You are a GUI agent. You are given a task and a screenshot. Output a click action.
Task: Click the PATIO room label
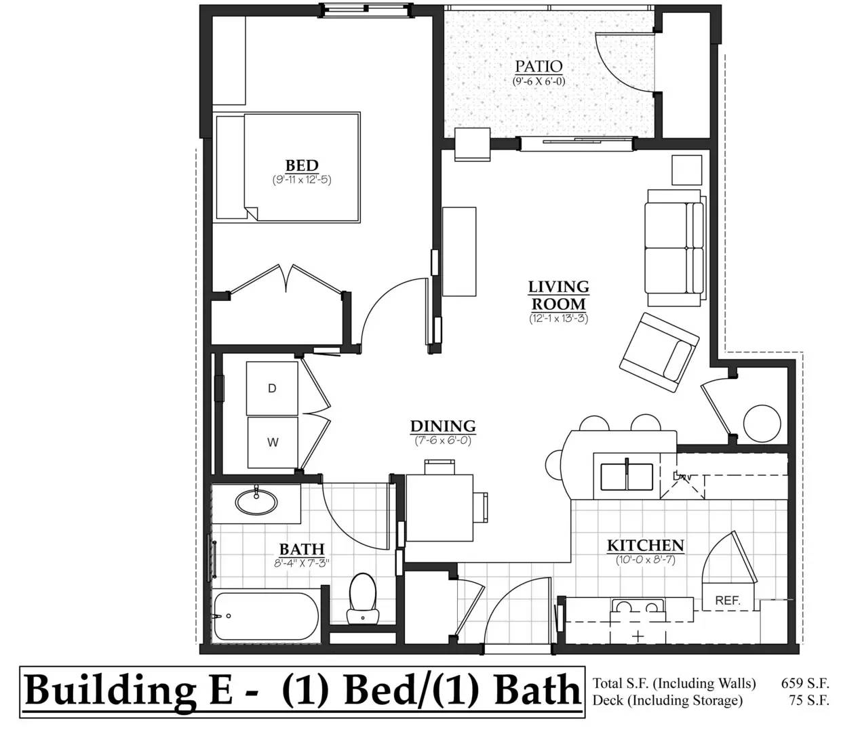click(539, 66)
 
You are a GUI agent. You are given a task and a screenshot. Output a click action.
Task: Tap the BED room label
click(302, 165)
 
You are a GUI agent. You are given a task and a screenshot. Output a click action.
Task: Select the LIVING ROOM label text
click(558, 296)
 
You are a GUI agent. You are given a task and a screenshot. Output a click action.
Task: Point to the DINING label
click(443, 426)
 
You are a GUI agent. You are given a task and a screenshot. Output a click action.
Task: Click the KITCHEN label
click(646, 546)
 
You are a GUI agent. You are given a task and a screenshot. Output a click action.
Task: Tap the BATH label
click(302, 549)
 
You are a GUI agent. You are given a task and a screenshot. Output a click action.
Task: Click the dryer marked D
click(272, 388)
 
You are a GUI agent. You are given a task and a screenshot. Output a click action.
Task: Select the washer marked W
click(273, 443)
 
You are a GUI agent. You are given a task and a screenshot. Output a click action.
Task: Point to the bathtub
click(266, 616)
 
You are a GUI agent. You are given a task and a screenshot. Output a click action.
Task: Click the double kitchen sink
click(627, 476)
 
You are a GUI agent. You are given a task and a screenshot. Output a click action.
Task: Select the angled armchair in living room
click(659, 352)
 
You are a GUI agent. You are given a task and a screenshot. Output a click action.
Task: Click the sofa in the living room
click(675, 247)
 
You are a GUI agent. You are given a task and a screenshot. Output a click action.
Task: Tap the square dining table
click(439, 508)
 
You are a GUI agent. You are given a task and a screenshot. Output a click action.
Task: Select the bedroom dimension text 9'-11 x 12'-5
click(302, 180)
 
